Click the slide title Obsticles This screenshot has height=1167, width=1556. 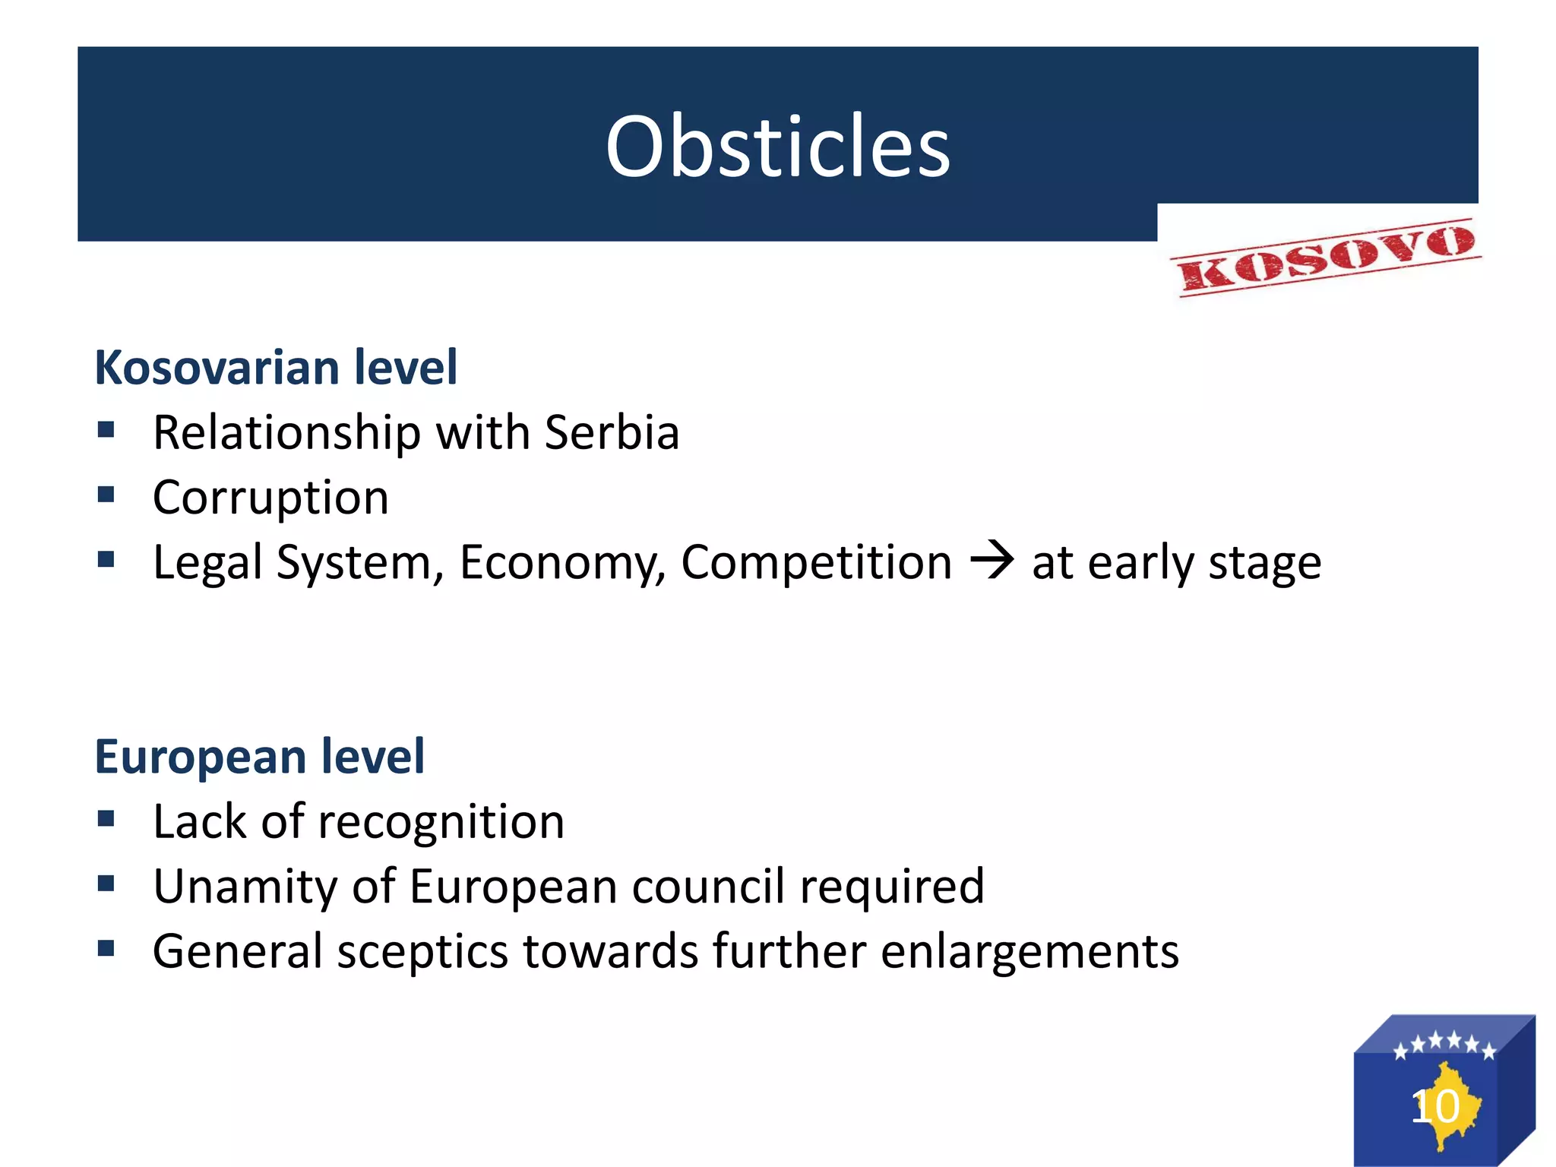point(777,146)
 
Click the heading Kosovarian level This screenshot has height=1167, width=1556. point(276,368)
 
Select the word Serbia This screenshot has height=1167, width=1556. point(612,432)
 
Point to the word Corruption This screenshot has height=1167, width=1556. point(270,498)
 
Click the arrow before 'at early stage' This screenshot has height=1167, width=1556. point(991,561)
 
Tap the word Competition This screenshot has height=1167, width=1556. point(816,562)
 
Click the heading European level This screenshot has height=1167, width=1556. point(259,757)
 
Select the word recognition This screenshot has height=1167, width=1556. point(441,822)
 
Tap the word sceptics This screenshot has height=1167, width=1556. point(422,952)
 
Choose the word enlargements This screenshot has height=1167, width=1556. point(1029,952)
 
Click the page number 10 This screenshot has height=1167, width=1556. point(1435,1106)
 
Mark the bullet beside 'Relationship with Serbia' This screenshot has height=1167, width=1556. point(106,430)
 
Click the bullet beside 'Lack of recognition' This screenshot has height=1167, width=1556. point(106,819)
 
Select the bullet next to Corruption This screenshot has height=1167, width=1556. point(106,495)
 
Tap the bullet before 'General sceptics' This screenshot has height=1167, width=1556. point(106,949)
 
